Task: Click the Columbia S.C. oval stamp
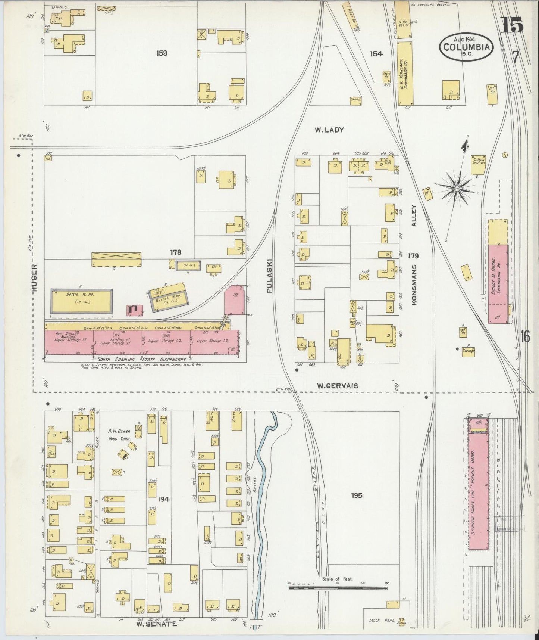[467, 46]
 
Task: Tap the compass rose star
[456, 189]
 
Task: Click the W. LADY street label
[329, 130]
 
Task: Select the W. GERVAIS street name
[337, 386]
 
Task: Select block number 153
[162, 53]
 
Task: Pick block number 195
[357, 495]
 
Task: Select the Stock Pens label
[380, 620]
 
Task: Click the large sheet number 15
[511, 25]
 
